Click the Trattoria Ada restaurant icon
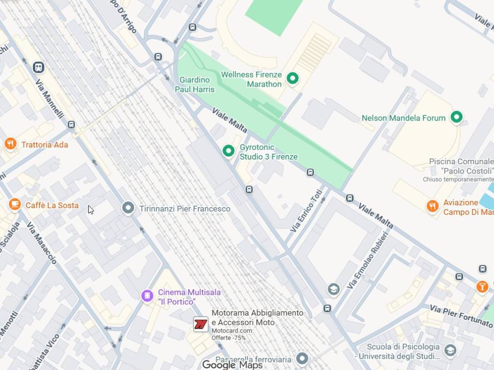click(x=10, y=144)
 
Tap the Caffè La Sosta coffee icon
click(x=15, y=205)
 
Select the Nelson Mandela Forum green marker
click(x=456, y=117)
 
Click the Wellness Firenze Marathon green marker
click(x=292, y=78)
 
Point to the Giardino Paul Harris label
click(x=194, y=84)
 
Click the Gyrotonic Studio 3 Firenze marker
click(x=228, y=151)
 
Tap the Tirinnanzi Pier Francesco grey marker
click(x=128, y=208)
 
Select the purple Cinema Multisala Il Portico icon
click(x=147, y=296)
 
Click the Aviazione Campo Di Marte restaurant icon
click(x=433, y=206)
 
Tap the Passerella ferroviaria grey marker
click(x=302, y=358)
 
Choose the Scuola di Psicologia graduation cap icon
click(x=450, y=350)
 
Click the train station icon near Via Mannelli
click(x=39, y=67)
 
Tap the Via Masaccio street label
click(x=41, y=243)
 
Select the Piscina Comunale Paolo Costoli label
click(x=461, y=166)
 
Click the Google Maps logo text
click(x=233, y=365)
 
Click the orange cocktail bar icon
click(x=481, y=287)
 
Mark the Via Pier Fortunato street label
click(x=461, y=316)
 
